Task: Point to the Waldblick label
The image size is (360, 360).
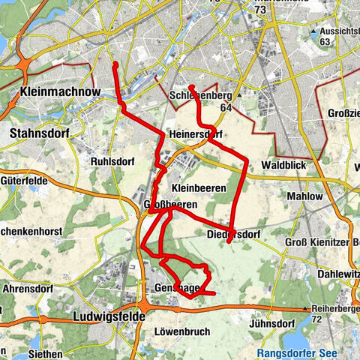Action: (283, 164)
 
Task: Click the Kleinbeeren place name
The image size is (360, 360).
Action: (199, 186)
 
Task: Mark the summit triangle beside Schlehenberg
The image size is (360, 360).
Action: (239, 96)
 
